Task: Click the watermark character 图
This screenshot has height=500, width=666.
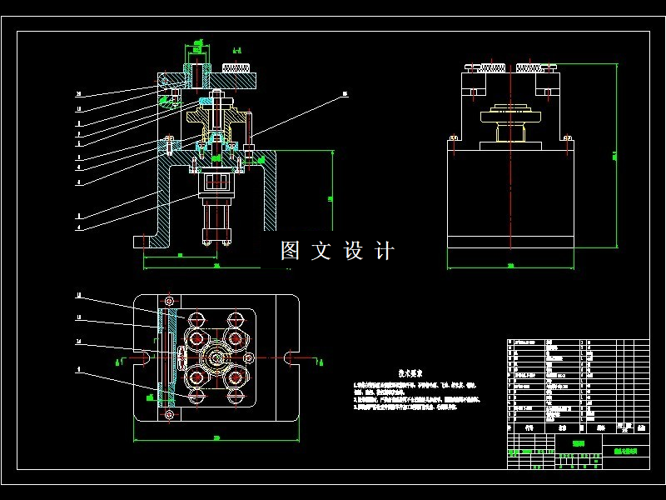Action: click(290, 251)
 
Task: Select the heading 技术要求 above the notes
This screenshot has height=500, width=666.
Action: click(411, 374)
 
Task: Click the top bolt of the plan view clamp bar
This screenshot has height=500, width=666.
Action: click(170, 300)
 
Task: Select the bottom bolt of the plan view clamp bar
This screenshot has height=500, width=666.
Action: click(170, 414)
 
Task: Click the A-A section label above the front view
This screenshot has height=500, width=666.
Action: click(237, 49)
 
